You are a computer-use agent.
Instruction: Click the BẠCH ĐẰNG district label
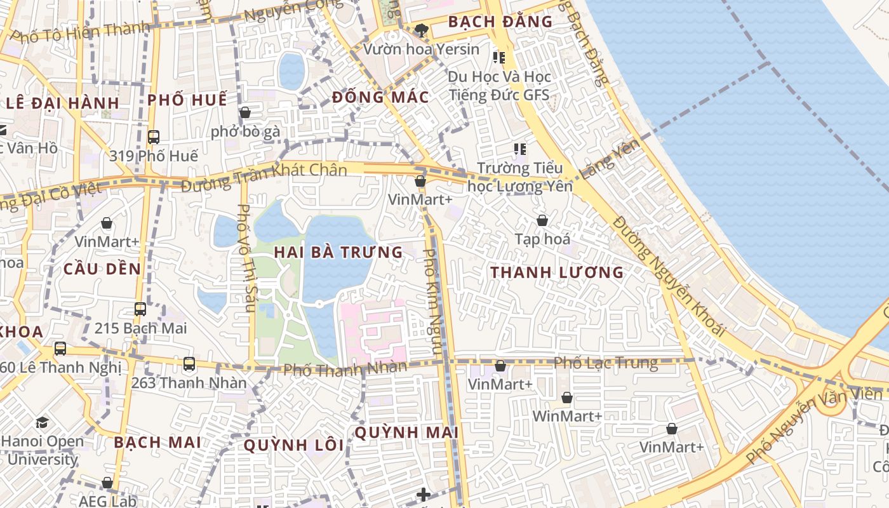coord(500,22)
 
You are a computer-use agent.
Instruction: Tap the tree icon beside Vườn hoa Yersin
coord(420,29)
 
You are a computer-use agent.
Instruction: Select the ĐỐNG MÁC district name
coord(380,97)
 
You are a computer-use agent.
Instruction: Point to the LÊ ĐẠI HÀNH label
coord(62,103)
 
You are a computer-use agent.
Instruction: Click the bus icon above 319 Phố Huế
coord(153,137)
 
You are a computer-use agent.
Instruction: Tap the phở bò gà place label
coord(245,131)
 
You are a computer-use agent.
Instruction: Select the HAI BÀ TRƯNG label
coord(338,252)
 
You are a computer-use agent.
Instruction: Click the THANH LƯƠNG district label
coord(557,272)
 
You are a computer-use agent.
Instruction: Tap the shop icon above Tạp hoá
coord(542,220)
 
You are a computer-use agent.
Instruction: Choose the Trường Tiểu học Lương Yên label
coord(519,177)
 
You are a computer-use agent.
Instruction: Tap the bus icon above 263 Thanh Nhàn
coord(189,364)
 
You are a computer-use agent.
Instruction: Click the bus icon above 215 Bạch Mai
coord(140,309)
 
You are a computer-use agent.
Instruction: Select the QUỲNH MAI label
coord(406,432)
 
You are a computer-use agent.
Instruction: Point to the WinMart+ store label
coord(567,416)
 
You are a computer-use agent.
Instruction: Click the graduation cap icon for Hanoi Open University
coord(42,422)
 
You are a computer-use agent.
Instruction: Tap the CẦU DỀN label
coord(102,269)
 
